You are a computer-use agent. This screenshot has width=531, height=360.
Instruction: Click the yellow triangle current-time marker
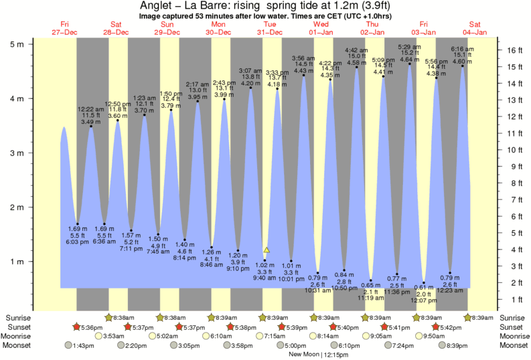coord(267,250)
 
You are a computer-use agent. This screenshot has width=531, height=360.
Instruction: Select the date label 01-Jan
coord(321,32)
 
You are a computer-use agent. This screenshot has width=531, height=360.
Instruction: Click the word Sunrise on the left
coord(18,317)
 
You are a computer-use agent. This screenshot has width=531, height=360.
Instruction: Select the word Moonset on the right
coord(513,345)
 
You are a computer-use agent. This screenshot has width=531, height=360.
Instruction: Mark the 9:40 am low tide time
coord(264,278)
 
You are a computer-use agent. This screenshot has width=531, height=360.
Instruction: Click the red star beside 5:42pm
coord(435,327)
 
